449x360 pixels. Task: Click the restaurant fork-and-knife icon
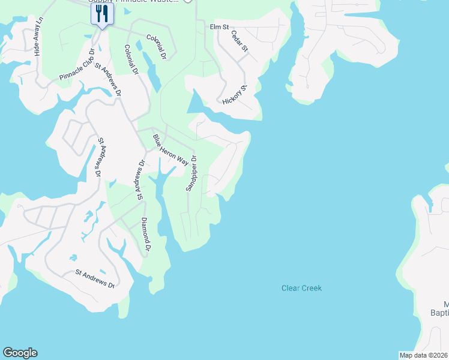click(102, 16)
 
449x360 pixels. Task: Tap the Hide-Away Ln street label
click(40, 36)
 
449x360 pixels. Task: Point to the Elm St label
click(220, 27)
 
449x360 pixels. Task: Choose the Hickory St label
click(235, 95)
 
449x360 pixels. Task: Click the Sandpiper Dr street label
click(191, 173)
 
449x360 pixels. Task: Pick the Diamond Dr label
click(145, 235)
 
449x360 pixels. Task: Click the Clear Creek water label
click(301, 288)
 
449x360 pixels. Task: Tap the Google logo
click(20, 353)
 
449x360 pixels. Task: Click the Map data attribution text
click(423, 355)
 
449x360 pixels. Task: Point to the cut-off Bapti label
click(440, 312)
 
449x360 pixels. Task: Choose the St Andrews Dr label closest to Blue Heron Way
click(142, 179)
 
